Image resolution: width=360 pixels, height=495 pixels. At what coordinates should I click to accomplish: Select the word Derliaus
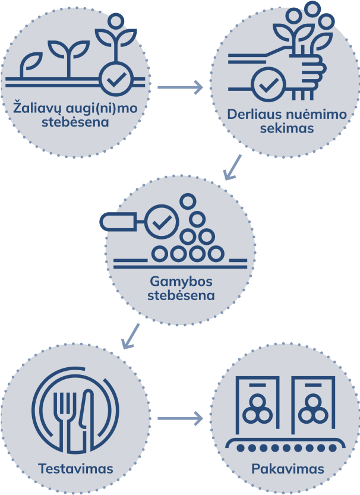coord(252,115)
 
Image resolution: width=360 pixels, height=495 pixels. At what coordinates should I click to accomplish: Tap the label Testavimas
coord(75,469)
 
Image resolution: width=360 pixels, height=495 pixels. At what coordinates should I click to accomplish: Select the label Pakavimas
coord(288,469)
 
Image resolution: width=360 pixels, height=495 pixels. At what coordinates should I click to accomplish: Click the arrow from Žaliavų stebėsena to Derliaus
coord(181,88)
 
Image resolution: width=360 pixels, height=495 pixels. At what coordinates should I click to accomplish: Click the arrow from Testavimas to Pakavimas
coord(181,420)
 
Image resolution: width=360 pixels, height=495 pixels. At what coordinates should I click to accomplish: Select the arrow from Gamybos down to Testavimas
coord(131,336)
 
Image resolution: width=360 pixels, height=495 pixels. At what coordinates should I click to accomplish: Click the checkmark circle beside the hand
coord(268,86)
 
